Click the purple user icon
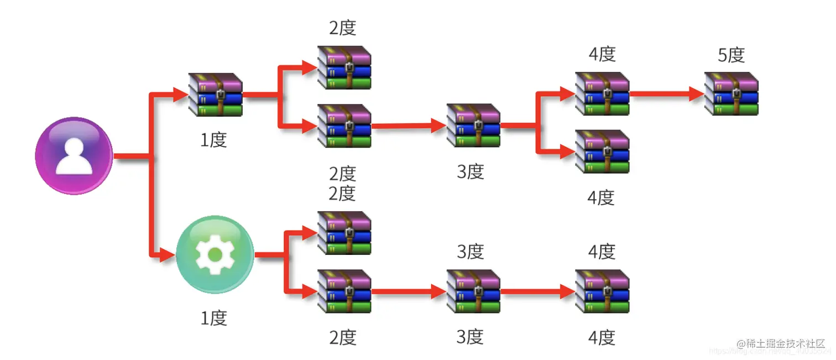pyautogui.click(x=74, y=155)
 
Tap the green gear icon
pyautogui.click(x=215, y=255)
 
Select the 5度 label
pyautogui.click(x=731, y=55)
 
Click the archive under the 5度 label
pyautogui.click(x=731, y=93)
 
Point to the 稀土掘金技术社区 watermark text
pyautogui.click(x=785, y=343)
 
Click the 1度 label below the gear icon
pyautogui.click(x=214, y=318)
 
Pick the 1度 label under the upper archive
pyautogui.click(x=214, y=140)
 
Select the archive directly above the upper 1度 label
pyautogui.click(x=215, y=95)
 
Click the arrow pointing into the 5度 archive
pyautogui.click(x=666, y=93)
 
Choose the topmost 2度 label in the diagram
pyautogui.click(x=343, y=28)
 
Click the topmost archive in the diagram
pyautogui.click(x=344, y=67)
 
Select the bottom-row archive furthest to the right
pyautogui.click(x=602, y=291)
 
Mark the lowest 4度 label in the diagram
pyautogui.click(x=602, y=337)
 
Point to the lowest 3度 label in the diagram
pyautogui.click(x=471, y=337)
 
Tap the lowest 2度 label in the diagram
pyautogui.click(x=343, y=337)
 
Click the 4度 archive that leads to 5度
pyautogui.click(x=602, y=93)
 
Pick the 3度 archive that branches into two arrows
pyautogui.click(x=473, y=126)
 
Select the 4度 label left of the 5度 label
pyautogui.click(x=602, y=54)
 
